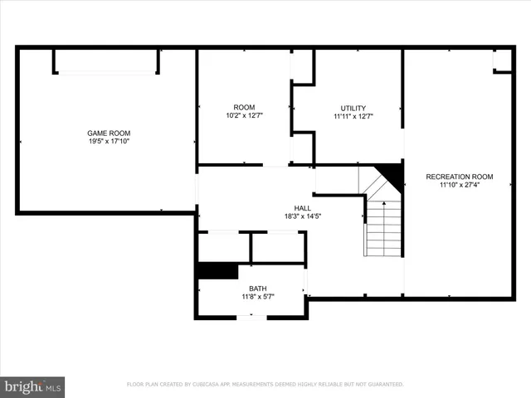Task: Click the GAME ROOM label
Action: pyautogui.click(x=109, y=133)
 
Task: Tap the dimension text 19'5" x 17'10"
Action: pyautogui.click(x=109, y=142)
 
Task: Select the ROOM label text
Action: pyautogui.click(x=244, y=107)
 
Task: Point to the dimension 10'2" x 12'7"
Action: pyautogui.click(x=244, y=116)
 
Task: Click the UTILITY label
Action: pyautogui.click(x=353, y=108)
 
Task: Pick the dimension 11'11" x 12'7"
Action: pyautogui.click(x=353, y=117)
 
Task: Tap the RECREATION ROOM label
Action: pyautogui.click(x=459, y=177)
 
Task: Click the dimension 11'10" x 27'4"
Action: pyautogui.click(x=459, y=186)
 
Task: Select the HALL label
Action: pyautogui.click(x=303, y=208)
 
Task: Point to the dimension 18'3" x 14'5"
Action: pyautogui.click(x=303, y=217)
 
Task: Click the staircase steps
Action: pyautogui.click(x=384, y=227)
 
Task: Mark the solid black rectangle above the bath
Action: pyautogui.click(x=218, y=271)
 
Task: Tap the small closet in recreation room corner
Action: pyautogui.click(x=503, y=61)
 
